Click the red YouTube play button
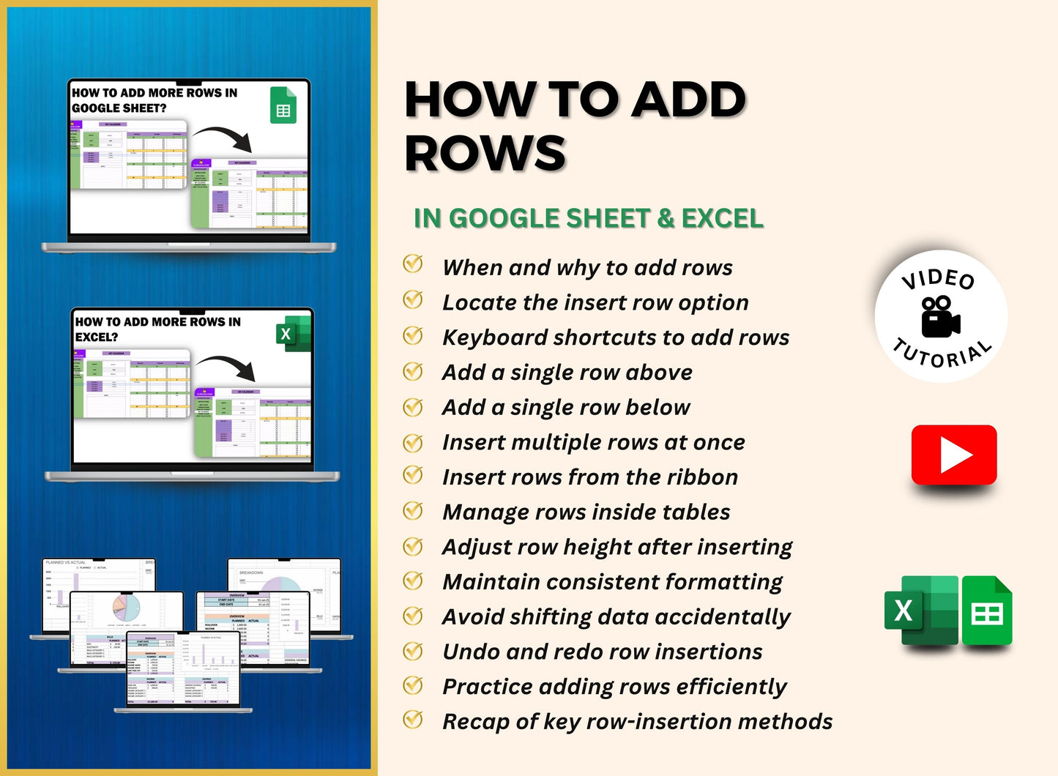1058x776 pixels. tap(954, 455)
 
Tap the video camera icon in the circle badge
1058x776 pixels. tap(940, 317)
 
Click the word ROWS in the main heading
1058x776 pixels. tap(485, 154)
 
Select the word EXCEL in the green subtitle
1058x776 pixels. tap(722, 218)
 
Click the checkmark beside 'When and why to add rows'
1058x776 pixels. tap(413, 264)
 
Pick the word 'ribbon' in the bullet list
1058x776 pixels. tap(704, 477)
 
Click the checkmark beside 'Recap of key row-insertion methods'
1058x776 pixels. tap(413, 719)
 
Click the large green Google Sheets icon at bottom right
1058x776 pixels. tap(986, 611)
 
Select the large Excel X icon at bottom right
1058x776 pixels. tap(920, 611)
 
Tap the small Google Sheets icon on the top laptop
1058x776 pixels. tap(283, 105)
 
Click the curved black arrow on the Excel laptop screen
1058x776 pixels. tap(227, 366)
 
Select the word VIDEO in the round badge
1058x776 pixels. tap(939, 279)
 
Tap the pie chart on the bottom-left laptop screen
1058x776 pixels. tap(126, 607)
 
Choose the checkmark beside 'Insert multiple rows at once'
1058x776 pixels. tap(413, 443)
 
